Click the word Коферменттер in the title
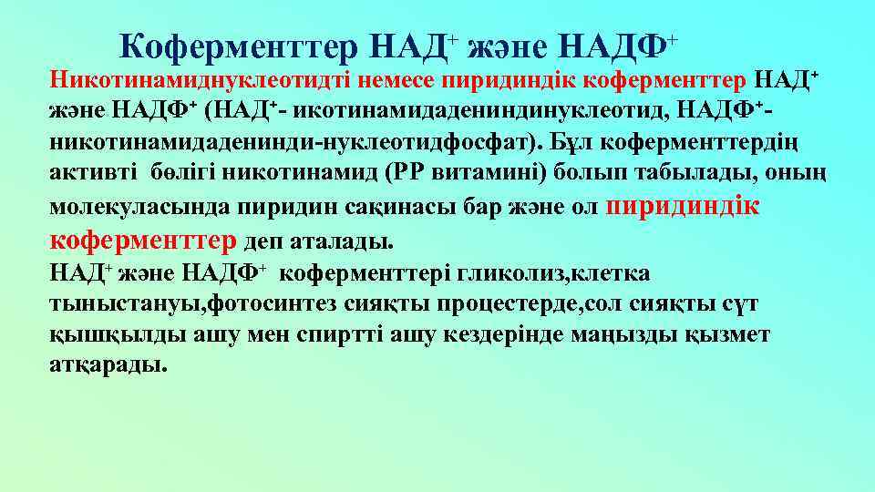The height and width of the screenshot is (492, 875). [x=241, y=45]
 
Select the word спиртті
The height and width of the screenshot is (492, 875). [x=326, y=334]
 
